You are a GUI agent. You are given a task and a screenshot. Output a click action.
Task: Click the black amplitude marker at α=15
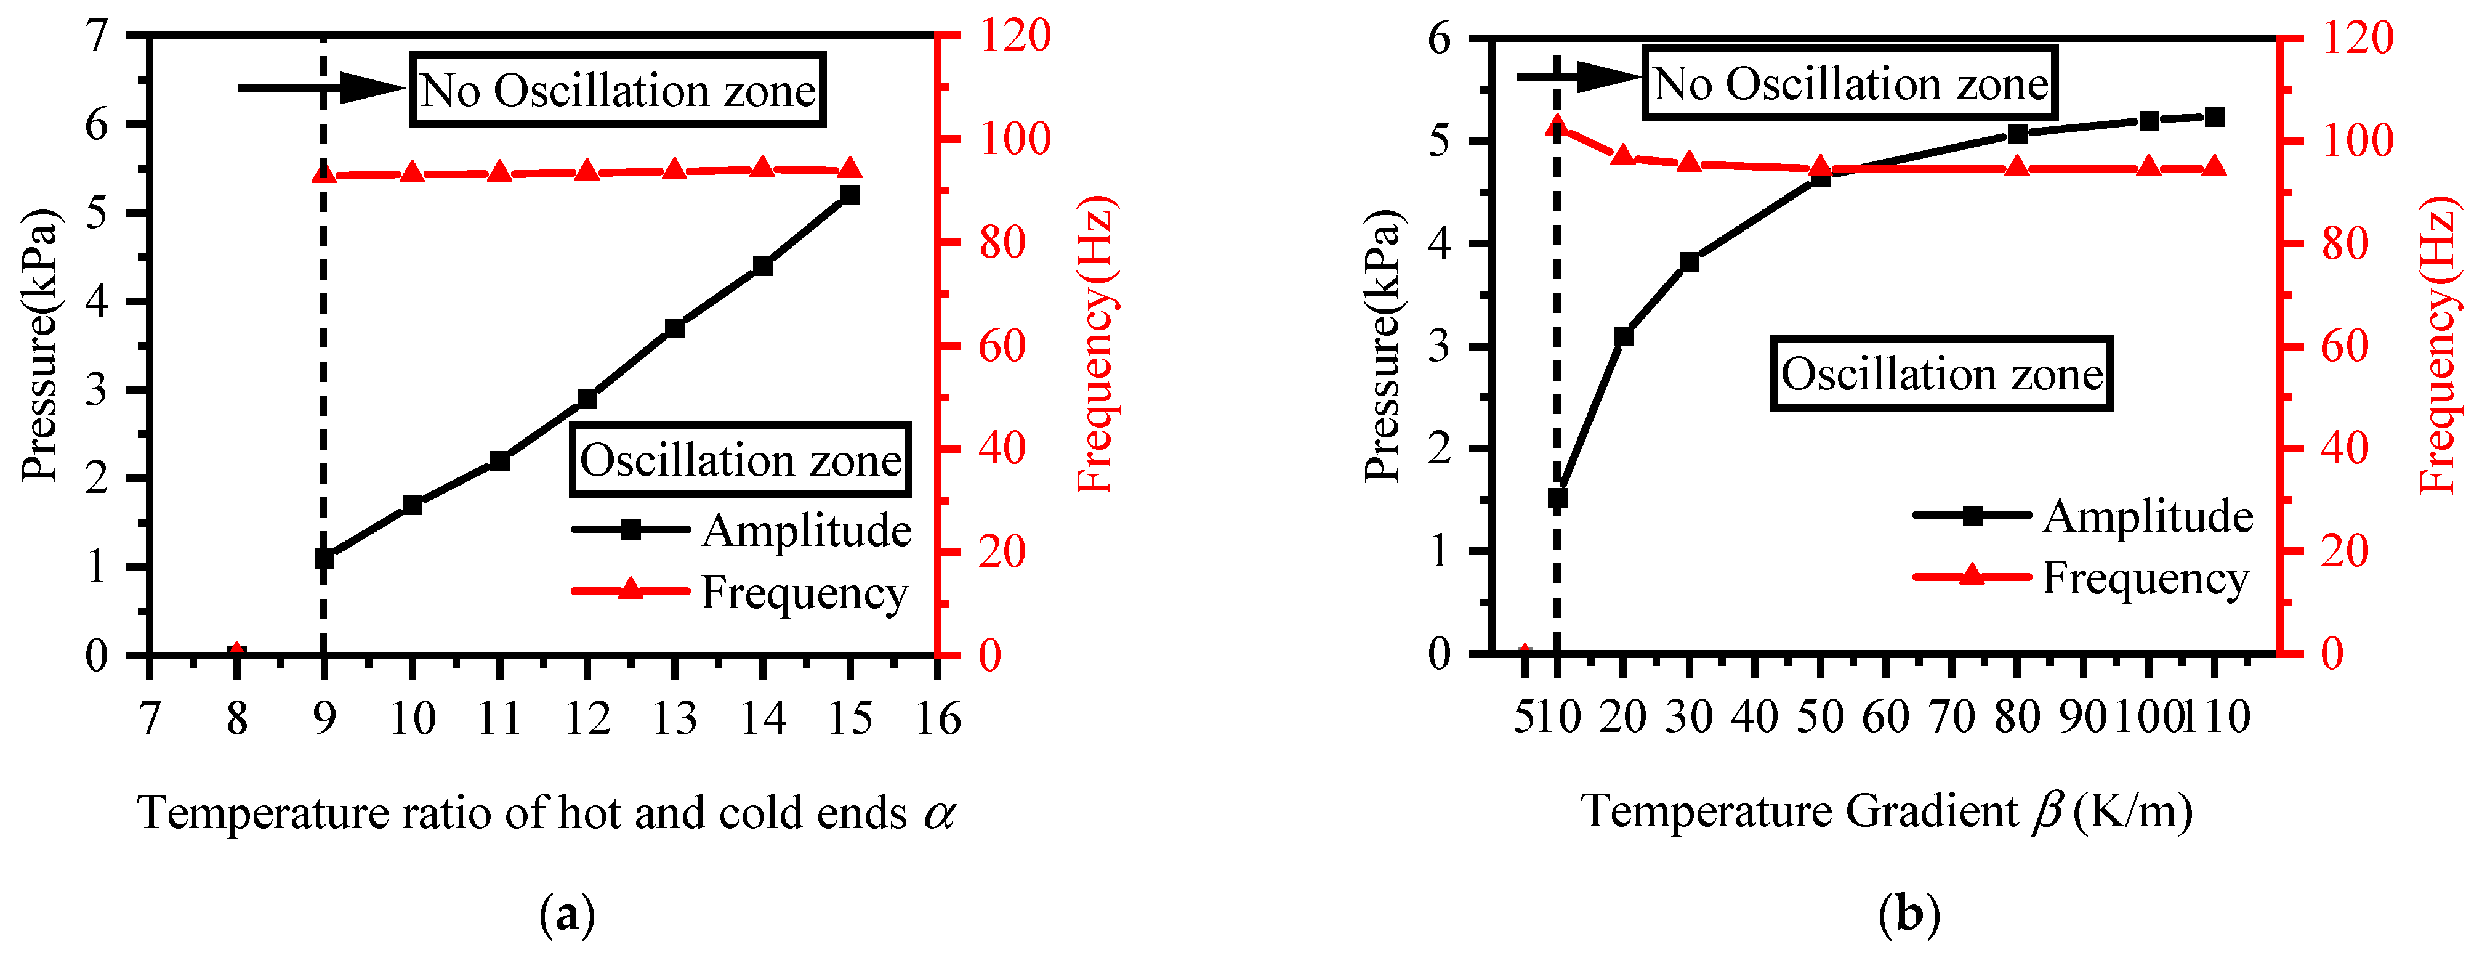point(850,195)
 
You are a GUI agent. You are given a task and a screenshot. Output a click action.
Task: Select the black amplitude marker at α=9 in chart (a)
point(324,558)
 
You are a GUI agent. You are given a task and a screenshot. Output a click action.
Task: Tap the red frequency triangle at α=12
point(587,171)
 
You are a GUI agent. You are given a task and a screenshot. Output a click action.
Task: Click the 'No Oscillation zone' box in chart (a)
point(618,89)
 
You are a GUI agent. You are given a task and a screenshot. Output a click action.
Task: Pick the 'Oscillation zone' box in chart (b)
point(1941,374)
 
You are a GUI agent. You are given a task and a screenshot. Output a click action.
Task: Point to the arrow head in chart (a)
point(376,87)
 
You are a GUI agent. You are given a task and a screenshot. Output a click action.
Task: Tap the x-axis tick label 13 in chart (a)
point(674,719)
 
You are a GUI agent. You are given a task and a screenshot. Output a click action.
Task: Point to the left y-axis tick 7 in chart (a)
point(96,36)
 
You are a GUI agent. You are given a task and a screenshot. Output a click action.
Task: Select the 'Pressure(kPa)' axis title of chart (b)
point(1383,345)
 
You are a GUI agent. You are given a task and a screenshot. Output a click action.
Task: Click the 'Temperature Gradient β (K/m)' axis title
point(1887,811)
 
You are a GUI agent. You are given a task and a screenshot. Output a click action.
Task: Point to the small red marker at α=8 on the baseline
point(236,652)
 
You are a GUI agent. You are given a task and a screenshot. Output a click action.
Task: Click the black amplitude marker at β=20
point(1622,336)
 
